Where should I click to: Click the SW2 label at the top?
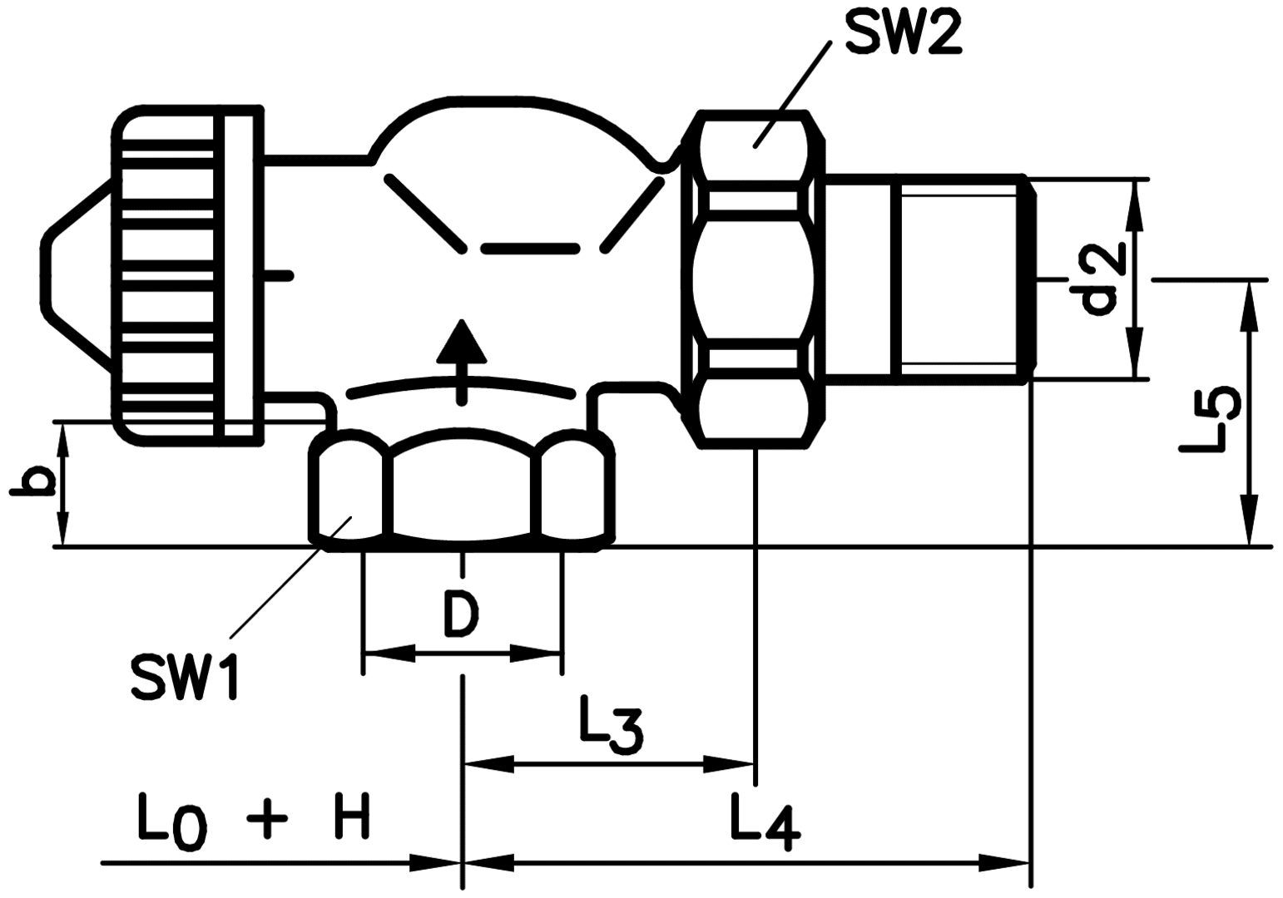tap(902, 33)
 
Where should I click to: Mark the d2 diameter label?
tap(1102, 279)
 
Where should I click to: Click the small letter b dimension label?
tap(32, 482)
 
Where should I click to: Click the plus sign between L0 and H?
tap(267, 818)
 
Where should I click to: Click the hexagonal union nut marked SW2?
tap(753, 279)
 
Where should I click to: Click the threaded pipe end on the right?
tap(965, 279)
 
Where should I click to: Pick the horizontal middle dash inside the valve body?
tap(529, 249)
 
